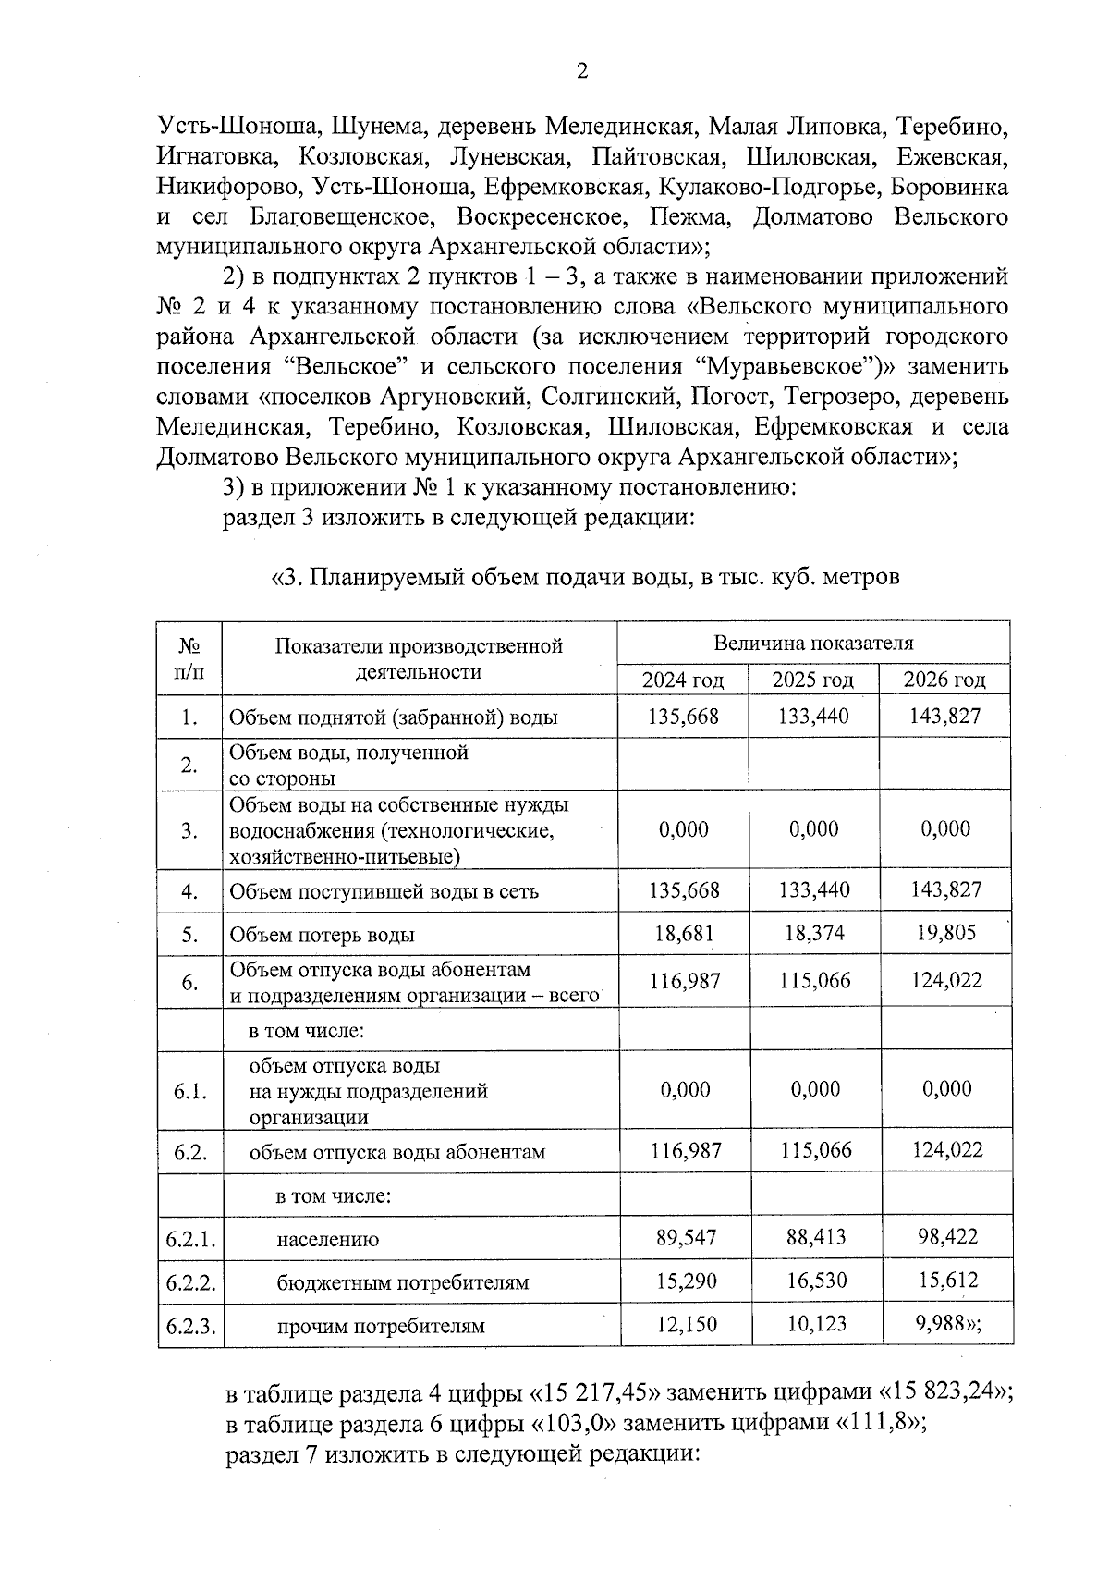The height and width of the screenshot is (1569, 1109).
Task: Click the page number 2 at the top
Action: (x=582, y=72)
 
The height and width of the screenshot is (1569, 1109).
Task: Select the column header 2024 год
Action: (x=683, y=680)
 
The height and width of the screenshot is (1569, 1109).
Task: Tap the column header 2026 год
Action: (x=944, y=680)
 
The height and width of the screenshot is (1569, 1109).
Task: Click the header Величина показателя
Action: (x=813, y=643)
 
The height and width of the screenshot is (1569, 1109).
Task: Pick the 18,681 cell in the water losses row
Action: (x=684, y=933)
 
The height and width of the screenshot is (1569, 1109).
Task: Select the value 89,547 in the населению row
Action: (x=686, y=1237)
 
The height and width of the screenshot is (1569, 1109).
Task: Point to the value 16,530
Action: (x=816, y=1281)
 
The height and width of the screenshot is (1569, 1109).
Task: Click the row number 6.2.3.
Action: (x=190, y=1326)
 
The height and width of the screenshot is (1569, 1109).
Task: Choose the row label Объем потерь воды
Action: (x=322, y=935)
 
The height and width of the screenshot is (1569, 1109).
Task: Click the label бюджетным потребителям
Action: (x=402, y=1283)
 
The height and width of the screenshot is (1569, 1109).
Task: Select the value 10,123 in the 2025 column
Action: (x=816, y=1324)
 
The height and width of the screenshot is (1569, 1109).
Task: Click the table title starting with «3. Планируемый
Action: (x=584, y=578)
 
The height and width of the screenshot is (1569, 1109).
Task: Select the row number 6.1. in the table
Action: (x=190, y=1091)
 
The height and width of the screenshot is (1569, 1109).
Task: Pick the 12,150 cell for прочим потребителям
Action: (x=686, y=1324)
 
